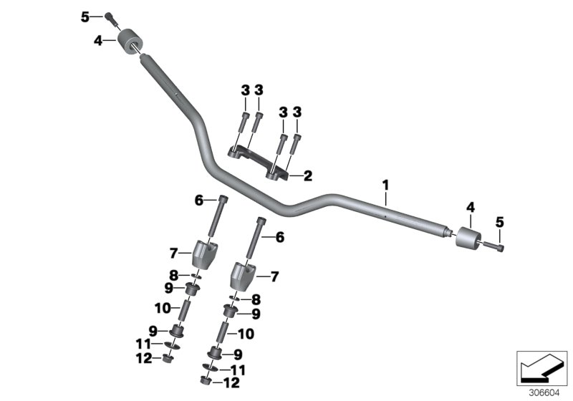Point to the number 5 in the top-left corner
click(85, 16)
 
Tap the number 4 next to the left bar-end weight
click(98, 41)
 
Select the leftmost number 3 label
click(245, 90)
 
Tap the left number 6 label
click(199, 201)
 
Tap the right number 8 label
click(256, 299)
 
